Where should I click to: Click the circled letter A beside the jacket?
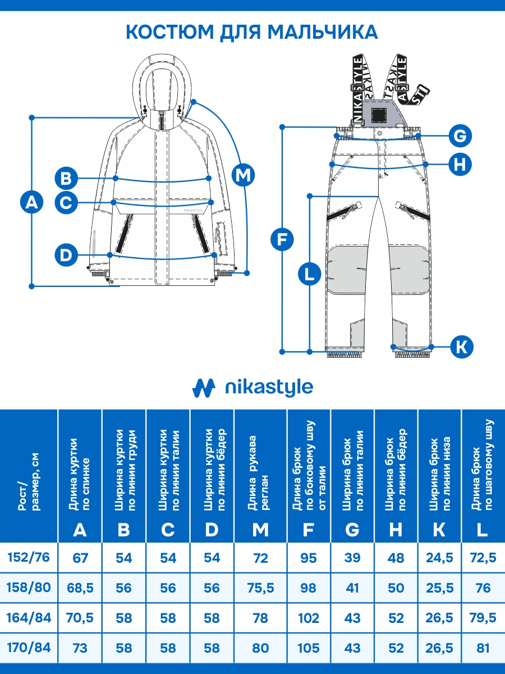pos(32,202)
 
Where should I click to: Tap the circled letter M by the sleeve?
pos(243,175)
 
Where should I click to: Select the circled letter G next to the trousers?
pos(460,136)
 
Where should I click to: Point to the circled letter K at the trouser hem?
pos(461,347)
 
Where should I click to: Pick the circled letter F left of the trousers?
pos(282,240)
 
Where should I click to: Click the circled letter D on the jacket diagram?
pos(67,256)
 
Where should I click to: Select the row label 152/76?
pos(29,558)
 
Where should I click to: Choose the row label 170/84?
pos(29,648)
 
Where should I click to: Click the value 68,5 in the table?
pos(80,588)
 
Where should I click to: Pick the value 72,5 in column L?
pos(482,558)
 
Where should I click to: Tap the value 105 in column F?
pos(309,648)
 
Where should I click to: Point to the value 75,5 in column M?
pos(260,588)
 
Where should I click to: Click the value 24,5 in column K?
pos(439,558)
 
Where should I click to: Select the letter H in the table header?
pos(396,529)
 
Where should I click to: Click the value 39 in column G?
pos(352,558)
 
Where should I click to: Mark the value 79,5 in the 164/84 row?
pos(482,618)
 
